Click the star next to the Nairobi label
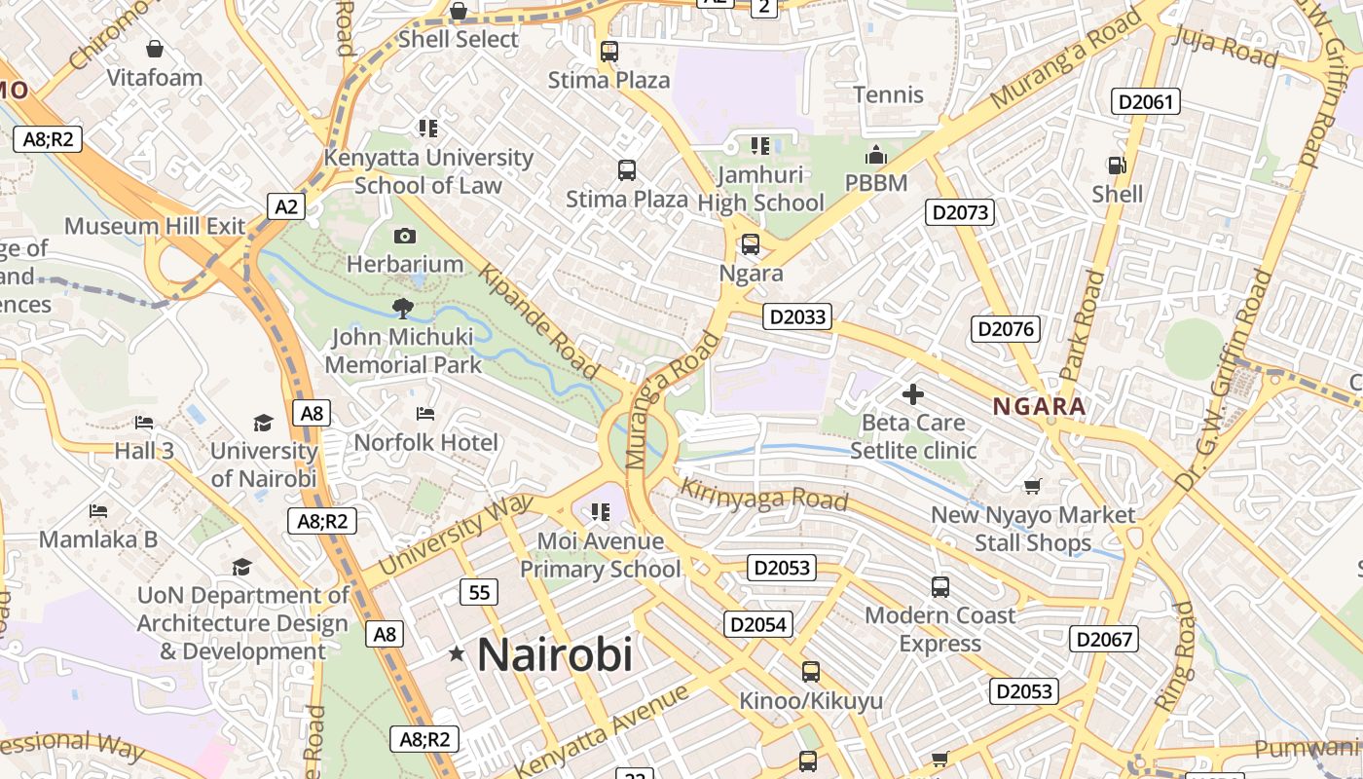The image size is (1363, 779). pos(457,654)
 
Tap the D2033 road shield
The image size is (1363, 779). pos(796,316)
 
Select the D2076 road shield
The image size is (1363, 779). pos(1006,329)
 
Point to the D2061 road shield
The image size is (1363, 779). pos(1146,101)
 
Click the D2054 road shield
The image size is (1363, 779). pos(757,624)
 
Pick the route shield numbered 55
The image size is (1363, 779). pos(479,592)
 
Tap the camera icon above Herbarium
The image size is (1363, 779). pos(405,236)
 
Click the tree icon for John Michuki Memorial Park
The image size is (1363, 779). pos(401,310)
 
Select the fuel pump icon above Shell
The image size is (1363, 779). pos(1117,166)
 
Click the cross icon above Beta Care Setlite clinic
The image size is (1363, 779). pos(912,394)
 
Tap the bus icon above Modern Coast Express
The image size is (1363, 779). pos(939,587)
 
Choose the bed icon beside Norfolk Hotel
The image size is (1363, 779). pos(425,414)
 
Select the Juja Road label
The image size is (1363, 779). pos(1226,45)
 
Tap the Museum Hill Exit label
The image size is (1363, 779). pos(155,226)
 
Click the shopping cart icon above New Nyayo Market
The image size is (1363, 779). pos(1032,486)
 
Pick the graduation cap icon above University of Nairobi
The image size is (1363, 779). pos(263,423)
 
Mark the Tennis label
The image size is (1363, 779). pos(888,94)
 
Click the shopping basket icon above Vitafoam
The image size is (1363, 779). pos(154,49)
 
